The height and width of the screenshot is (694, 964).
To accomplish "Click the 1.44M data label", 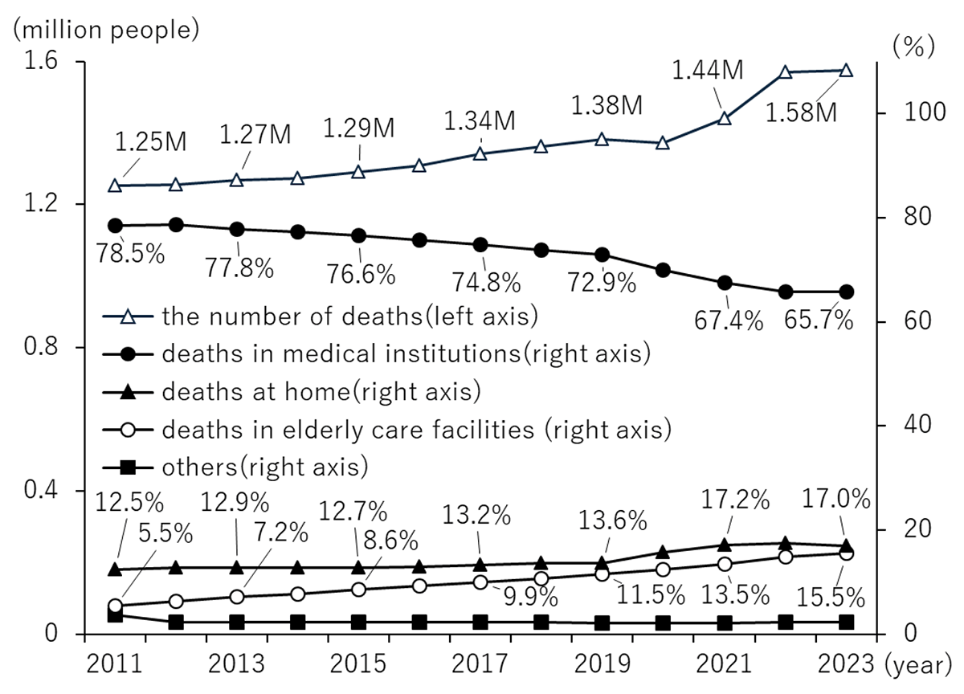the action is (x=708, y=70).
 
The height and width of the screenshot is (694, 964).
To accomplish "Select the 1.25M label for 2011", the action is (x=151, y=141).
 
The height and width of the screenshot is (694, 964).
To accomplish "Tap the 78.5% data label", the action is (x=130, y=253).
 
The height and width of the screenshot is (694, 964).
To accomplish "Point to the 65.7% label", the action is (x=819, y=320).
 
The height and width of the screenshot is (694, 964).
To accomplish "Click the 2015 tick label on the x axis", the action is (x=358, y=663).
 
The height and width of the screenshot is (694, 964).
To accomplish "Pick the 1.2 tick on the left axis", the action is (x=41, y=202).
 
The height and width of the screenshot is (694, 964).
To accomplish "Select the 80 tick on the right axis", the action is (x=918, y=217).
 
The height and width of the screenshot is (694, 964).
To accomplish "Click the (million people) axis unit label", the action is (x=106, y=30).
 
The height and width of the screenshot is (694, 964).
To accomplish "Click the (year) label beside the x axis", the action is (x=918, y=665).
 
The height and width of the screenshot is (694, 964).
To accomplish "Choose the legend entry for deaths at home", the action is (x=292, y=392).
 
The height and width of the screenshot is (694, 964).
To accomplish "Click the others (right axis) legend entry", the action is (x=235, y=467).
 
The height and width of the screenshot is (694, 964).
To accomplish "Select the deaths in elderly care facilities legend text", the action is (x=417, y=430).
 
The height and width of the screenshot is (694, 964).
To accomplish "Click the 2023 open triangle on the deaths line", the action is (x=846, y=71).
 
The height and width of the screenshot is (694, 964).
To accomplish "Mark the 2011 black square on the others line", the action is (x=115, y=616).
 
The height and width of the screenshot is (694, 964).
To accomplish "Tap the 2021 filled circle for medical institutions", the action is (x=725, y=283).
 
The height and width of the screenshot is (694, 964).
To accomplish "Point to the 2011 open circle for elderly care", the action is (x=115, y=606).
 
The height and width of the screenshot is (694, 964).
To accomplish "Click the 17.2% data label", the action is (x=735, y=500).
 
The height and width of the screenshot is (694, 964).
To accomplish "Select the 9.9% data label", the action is (x=530, y=597).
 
